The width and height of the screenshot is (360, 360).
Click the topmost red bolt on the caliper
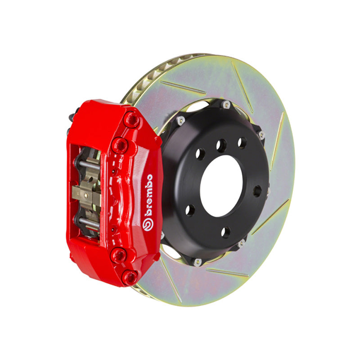[x=131, y=120]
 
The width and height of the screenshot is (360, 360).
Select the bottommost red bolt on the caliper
[x=130, y=278]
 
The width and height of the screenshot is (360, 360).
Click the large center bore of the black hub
[x=221, y=186]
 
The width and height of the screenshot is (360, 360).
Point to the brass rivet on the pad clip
[x=86, y=195]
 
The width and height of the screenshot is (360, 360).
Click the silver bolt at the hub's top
[x=226, y=105]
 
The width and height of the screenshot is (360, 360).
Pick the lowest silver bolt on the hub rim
[x=197, y=262]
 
